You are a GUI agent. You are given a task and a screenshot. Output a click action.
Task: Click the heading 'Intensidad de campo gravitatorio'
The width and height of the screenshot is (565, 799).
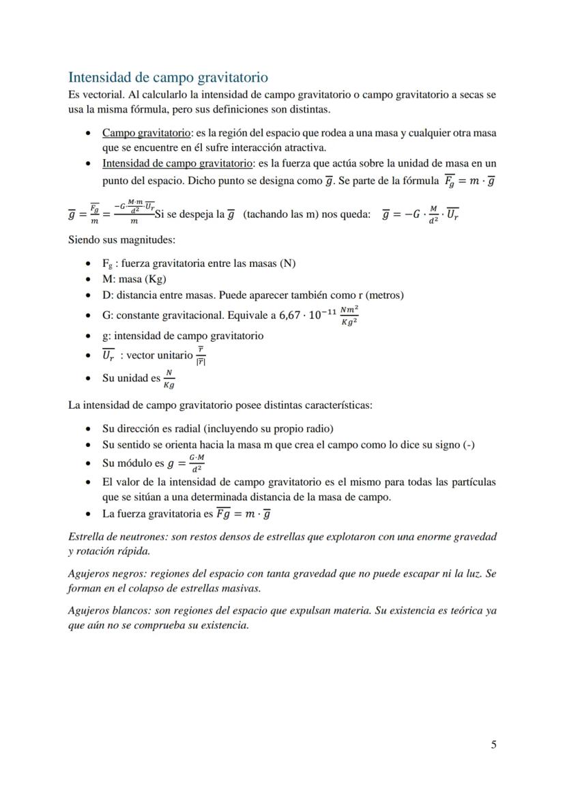coord(168,77)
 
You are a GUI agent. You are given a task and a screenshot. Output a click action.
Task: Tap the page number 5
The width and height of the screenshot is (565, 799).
coord(493,744)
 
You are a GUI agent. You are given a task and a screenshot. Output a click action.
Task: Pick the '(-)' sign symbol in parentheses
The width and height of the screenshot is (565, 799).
coord(468,445)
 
